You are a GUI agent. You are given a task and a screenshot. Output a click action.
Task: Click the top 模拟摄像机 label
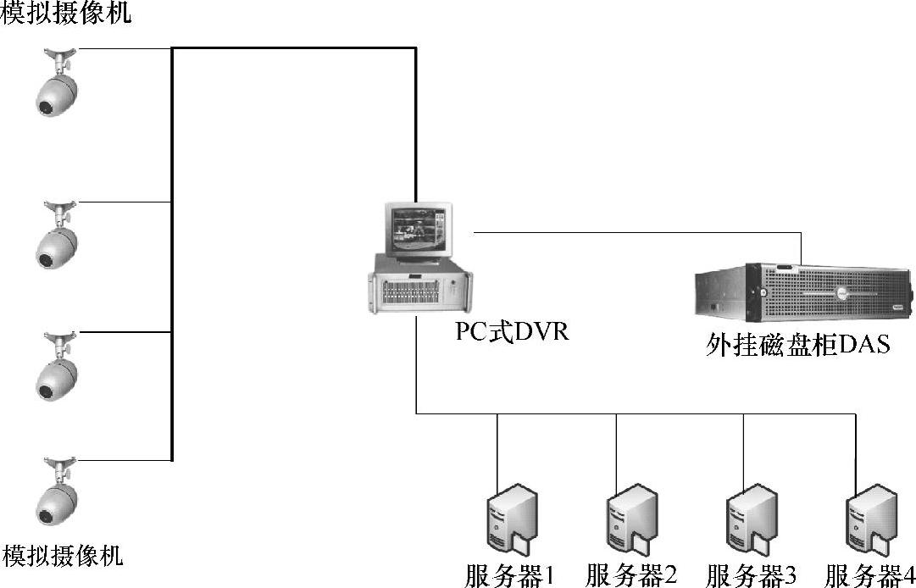pyautogui.click(x=67, y=14)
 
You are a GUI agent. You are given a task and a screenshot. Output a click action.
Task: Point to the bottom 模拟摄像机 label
pyautogui.click(x=64, y=557)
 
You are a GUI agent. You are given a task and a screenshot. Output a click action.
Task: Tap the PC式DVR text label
pyautogui.click(x=512, y=331)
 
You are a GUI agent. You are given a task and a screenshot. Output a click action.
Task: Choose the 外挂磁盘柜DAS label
pyautogui.click(x=797, y=346)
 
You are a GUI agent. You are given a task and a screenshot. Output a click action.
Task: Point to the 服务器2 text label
pyautogui.click(x=631, y=576)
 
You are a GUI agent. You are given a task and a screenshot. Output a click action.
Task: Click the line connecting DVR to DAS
pyautogui.click(x=636, y=231)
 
